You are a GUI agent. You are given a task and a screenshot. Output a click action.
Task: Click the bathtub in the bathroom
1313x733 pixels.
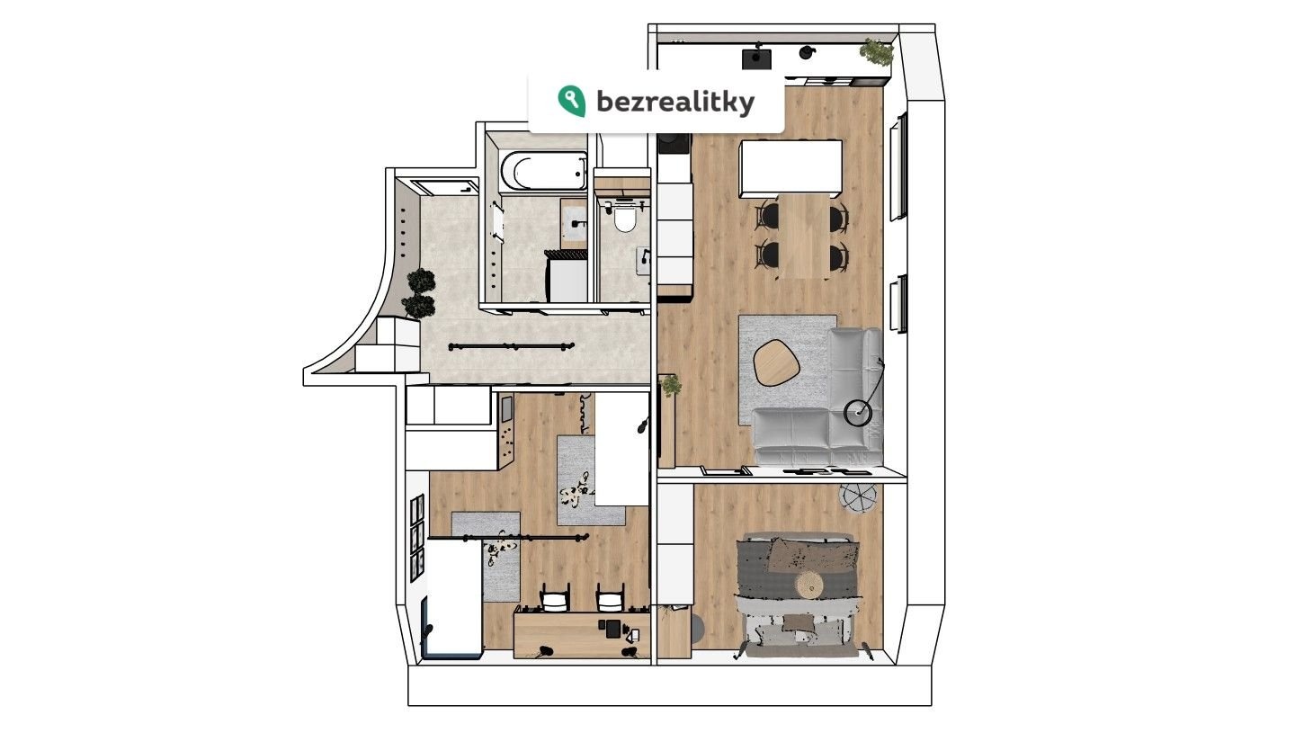tap(543, 171)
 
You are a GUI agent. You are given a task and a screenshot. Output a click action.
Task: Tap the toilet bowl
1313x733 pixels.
tap(625, 219)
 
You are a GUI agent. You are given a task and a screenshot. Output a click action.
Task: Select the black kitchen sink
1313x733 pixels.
tap(756, 58)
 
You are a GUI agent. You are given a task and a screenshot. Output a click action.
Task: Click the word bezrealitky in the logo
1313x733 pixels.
tap(675, 102)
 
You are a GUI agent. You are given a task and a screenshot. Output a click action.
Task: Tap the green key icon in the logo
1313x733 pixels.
tap(571, 101)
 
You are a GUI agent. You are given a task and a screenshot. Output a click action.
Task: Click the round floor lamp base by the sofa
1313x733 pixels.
tap(858, 412)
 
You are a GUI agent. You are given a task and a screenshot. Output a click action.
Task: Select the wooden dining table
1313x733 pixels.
tap(804, 236)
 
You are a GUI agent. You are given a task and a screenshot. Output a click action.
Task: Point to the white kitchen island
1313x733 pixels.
tap(790, 168)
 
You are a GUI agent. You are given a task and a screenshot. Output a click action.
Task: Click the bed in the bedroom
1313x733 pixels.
tap(799, 594)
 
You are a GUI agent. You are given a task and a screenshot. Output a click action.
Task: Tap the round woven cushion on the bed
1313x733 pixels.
tap(808, 585)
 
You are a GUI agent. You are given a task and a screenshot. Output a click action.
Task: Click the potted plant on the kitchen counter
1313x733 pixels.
tap(876, 53)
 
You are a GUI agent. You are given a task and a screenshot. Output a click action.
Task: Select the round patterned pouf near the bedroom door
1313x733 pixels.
tap(858, 498)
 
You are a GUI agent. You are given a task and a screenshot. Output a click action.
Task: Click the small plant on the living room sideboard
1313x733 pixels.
tap(670, 385)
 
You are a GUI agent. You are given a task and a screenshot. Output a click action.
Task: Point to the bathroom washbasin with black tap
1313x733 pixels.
tap(575, 223)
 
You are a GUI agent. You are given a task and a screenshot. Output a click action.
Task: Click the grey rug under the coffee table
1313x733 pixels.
tap(787, 368)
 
